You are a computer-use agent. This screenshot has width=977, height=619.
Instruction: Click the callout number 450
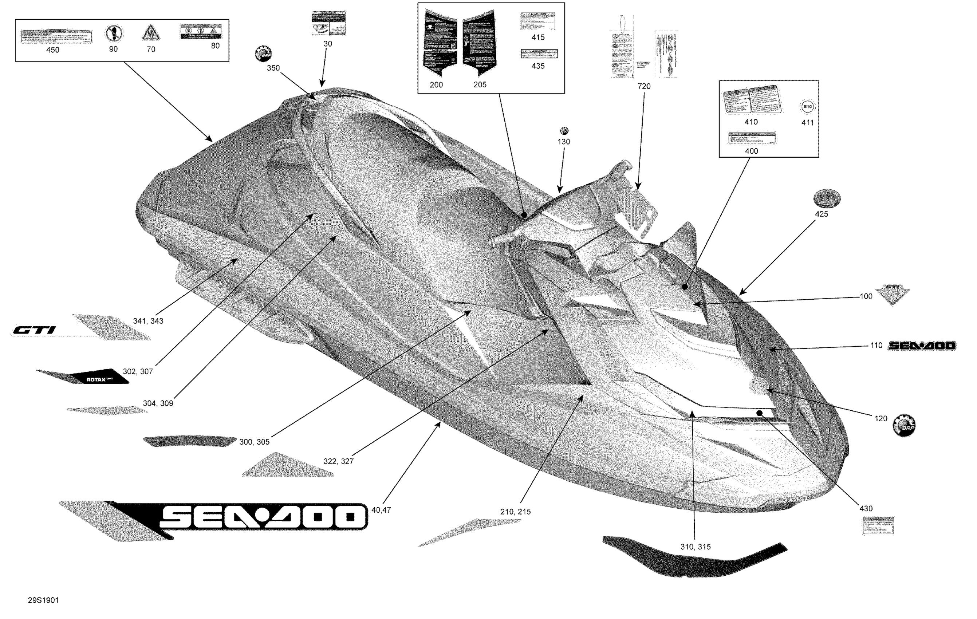click(x=53, y=50)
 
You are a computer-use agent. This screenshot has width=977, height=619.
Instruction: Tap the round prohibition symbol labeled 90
click(x=114, y=33)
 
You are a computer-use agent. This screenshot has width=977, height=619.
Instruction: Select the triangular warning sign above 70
click(x=150, y=33)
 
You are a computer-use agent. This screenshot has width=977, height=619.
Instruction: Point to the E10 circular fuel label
click(x=807, y=107)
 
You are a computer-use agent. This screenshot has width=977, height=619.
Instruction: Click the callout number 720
click(x=643, y=86)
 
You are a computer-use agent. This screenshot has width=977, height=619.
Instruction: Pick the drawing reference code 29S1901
click(x=43, y=600)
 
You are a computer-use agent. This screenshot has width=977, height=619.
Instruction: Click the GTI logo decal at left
click(x=34, y=330)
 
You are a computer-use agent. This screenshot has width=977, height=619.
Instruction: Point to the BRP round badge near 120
click(x=904, y=426)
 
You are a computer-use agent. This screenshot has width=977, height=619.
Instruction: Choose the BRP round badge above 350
click(x=263, y=54)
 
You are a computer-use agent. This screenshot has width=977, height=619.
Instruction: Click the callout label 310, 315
click(x=696, y=547)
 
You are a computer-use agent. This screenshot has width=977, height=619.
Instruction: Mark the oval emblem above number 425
click(x=827, y=198)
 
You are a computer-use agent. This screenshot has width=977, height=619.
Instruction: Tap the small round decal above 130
click(x=564, y=131)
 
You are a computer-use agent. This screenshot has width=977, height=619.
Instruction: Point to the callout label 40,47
click(x=381, y=510)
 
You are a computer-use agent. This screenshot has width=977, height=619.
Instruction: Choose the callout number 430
click(x=866, y=509)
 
